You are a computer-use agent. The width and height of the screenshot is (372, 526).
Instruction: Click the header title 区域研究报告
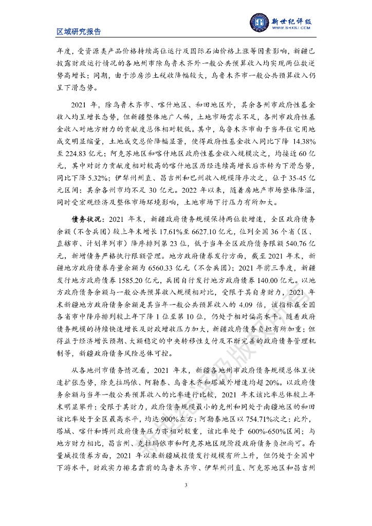(79, 32)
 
